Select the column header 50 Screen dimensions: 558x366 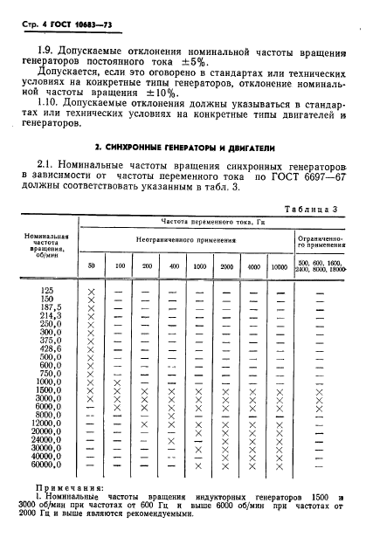point(91,265)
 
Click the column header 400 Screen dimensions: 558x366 point(175,265)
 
